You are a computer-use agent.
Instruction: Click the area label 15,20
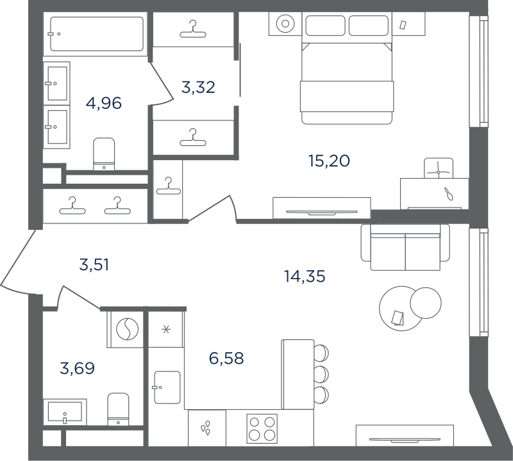(x=329, y=161)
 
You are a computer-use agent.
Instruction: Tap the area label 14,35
(x=305, y=277)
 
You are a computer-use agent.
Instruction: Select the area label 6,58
(x=226, y=359)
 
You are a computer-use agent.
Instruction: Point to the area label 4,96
(x=104, y=103)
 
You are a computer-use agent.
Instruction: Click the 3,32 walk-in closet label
(x=198, y=88)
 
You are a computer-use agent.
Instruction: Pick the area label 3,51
(x=94, y=264)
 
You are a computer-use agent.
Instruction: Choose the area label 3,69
(x=78, y=368)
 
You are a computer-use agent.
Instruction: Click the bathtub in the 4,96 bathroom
(x=97, y=34)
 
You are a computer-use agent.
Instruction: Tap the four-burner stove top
(x=262, y=428)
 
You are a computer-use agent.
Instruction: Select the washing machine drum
(x=127, y=329)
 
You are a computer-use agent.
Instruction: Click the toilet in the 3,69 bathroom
(x=118, y=409)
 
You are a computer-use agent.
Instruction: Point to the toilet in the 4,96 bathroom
(x=104, y=154)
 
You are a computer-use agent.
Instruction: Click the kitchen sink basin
(x=167, y=387)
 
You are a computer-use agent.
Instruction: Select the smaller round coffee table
(x=426, y=303)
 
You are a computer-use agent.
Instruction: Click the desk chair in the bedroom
(x=439, y=168)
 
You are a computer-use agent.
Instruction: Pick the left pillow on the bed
(x=325, y=26)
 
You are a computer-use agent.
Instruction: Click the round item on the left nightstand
(x=285, y=24)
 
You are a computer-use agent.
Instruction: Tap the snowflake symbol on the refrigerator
(x=166, y=329)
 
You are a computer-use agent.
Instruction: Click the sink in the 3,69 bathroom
(x=65, y=412)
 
